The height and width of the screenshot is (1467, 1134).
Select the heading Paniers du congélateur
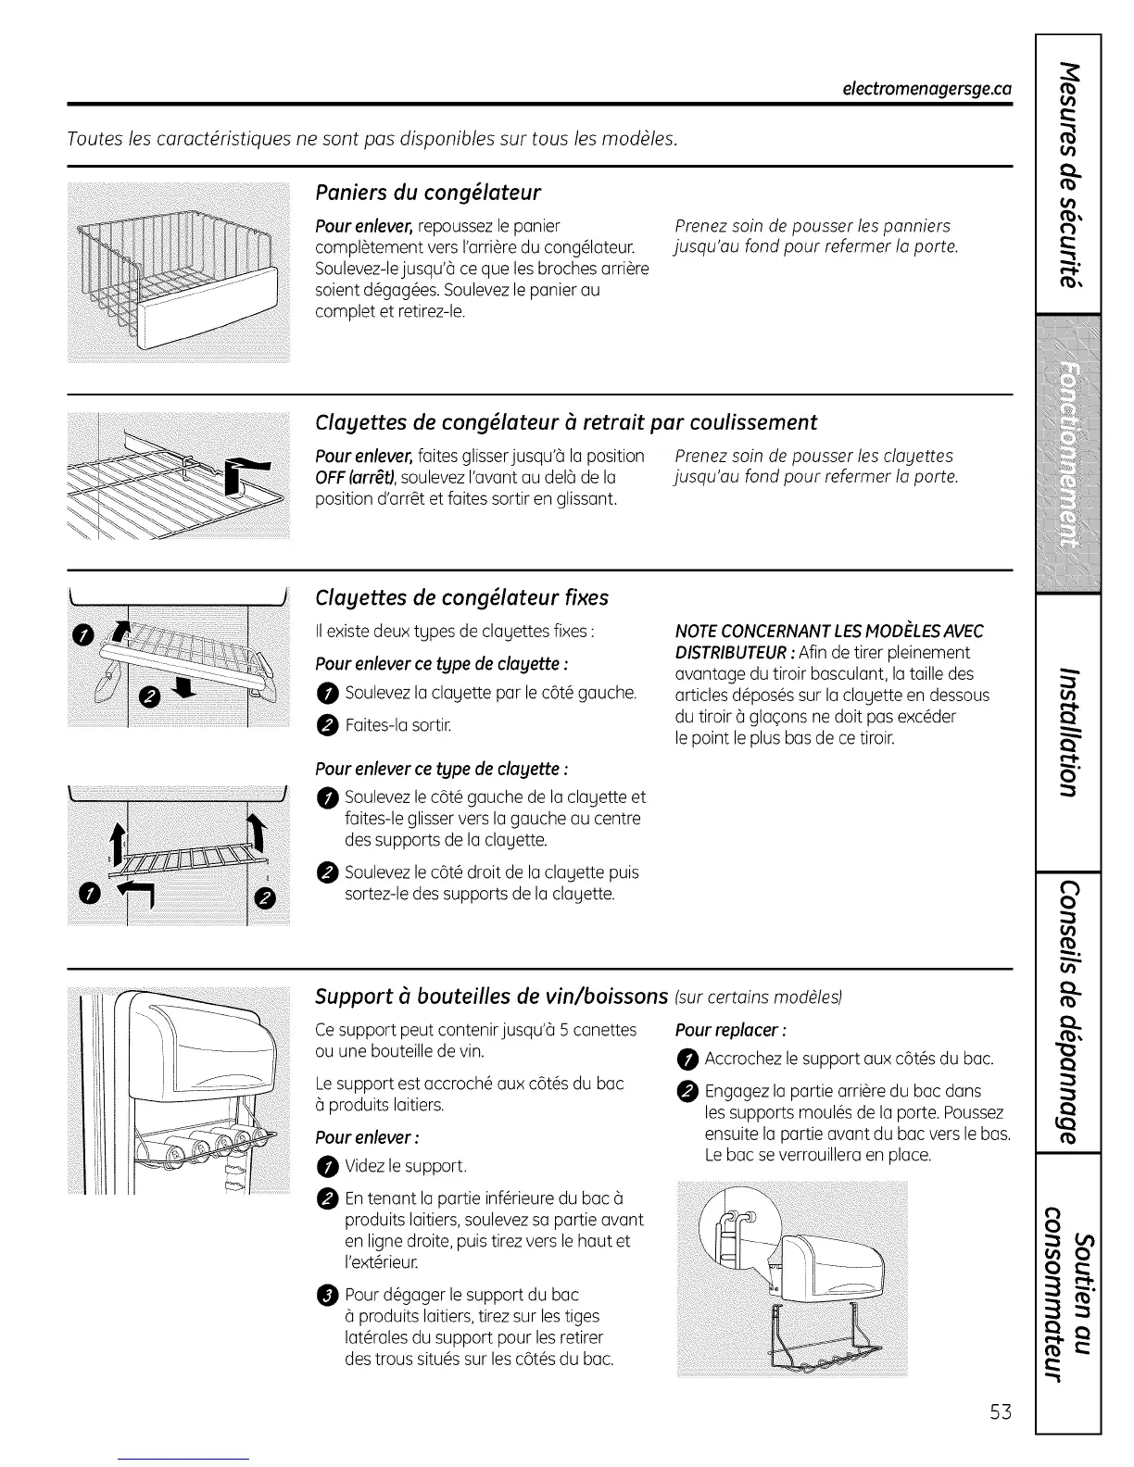[x=427, y=193]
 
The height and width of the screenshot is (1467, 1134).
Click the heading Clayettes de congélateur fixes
[x=461, y=597]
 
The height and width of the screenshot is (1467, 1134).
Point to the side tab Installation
[x=1069, y=732]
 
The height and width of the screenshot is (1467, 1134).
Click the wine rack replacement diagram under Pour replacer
[x=793, y=1281]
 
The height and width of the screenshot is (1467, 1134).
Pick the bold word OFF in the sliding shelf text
[x=330, y=477]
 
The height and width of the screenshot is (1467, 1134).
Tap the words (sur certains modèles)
[x=759, y=997]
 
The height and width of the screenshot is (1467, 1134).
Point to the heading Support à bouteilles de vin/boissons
[x=491, y=997]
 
